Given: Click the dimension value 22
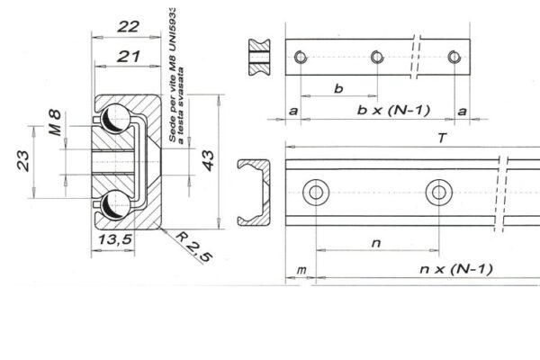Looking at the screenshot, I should [128, 27].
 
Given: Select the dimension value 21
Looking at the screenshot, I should [128, 56].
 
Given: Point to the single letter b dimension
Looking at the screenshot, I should [338, 88].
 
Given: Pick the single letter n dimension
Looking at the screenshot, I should [375, 241].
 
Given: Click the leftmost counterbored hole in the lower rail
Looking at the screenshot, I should [316, 191].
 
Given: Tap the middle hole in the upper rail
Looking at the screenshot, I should [376, 58].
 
